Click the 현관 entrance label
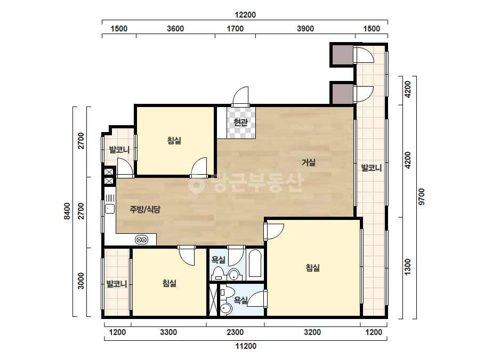point(240,122)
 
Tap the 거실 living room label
point(309,162)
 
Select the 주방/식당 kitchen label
point(145,209)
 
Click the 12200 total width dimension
point(245,15)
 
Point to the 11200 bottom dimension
point(246,346)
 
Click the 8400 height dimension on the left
point(67,211)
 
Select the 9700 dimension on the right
point(422,197)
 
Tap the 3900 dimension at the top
point(305,29)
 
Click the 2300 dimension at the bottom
point(235,332)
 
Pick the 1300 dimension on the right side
point(407,267)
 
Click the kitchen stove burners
point(141,240)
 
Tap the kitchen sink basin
point(110,209)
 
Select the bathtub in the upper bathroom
point(255,264)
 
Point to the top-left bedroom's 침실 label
point(174,140)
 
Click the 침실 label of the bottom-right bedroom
point(313,268)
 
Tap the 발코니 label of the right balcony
point(372,168)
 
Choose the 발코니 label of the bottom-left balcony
point(117,284)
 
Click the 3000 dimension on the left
point(81,281)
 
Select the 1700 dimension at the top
point(235,29)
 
